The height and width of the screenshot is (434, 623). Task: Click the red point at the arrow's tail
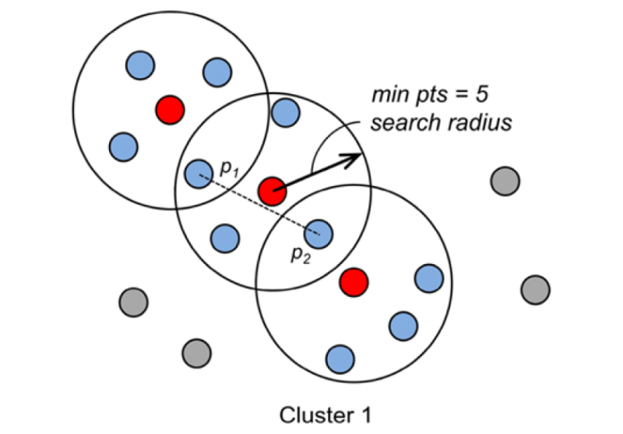[272, 191]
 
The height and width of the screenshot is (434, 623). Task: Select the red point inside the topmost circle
[169, 109]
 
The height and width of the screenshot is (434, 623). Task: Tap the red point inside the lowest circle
[354, 281]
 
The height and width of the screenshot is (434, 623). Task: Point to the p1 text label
[228, 168]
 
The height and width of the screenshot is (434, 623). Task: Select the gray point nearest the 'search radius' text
[505, 182]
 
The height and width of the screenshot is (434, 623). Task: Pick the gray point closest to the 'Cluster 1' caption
[195, 352]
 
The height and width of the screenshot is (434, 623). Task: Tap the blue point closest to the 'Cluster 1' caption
[340, 358]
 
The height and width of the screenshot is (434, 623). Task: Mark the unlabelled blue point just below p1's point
[225, 236]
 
